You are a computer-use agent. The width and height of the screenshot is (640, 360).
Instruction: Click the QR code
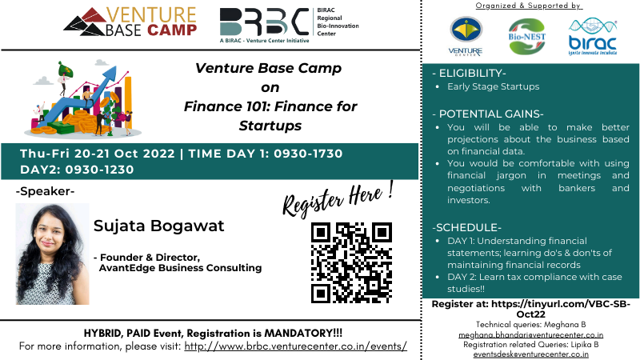[x=351, y=262]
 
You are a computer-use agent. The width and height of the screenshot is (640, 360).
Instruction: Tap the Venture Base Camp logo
[x=131, y=21]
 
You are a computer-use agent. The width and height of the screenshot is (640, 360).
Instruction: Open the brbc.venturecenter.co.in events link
[x=296, y=346]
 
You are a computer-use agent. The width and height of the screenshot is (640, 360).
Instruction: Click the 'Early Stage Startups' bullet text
[x=493, y=86]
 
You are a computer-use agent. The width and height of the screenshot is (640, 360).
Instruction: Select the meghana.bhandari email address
[x=531, y=335]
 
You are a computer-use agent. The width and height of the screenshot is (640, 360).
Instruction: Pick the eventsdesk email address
[x=531, y=353]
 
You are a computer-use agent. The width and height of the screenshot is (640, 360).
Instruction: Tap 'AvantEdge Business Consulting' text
[x=180, y=268]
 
